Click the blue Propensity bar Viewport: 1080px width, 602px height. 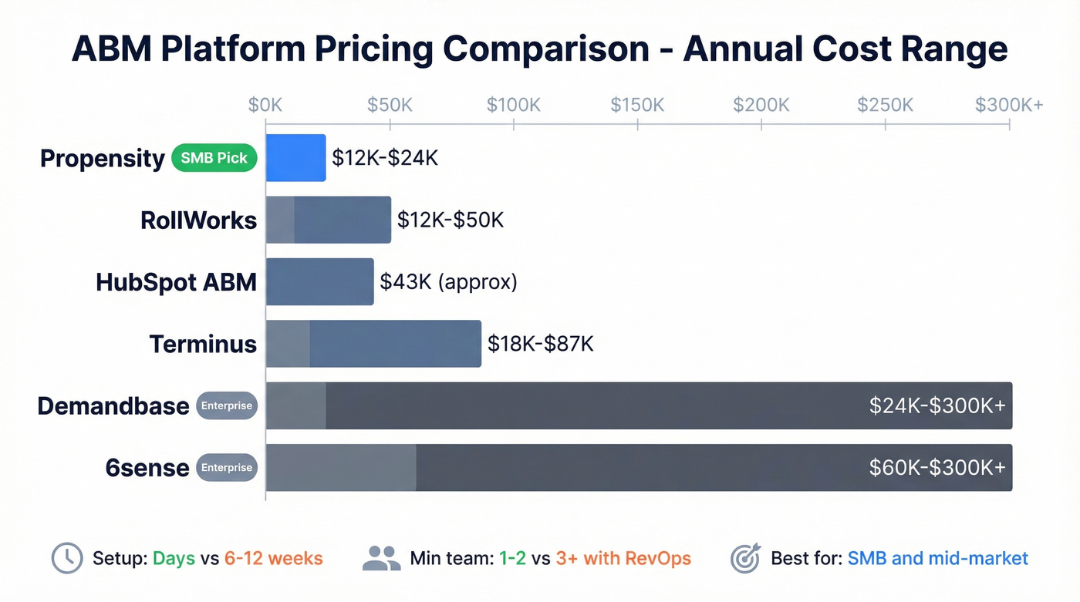(x=295, y=158)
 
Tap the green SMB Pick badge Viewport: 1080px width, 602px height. (x=214, y=158)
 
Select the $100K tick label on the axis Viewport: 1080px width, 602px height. (x=513, y=105)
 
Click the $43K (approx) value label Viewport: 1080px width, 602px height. (x=448, y=282)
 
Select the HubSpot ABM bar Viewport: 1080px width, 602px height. (x=319, y=282)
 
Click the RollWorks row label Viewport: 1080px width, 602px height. (x=198, y=220)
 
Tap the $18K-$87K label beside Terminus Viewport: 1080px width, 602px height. (x=540, y=344)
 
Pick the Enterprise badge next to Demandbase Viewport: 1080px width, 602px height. (x=227, y=405)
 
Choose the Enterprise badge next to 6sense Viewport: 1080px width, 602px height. (x=227, y=467)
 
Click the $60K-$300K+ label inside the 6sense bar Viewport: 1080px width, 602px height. (x=937, y=468)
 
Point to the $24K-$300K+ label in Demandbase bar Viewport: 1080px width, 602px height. (x=937, y=406)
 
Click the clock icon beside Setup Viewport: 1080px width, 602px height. (x=67, y=559)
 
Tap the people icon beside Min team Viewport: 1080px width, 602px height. (x=381, y=559)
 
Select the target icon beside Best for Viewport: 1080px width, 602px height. (x=745, y=559)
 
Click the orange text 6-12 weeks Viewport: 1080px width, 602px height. (x=273, y=559)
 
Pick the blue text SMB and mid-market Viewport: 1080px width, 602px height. (x=937, y=559)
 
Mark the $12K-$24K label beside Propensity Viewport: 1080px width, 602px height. (x=385, y=158)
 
